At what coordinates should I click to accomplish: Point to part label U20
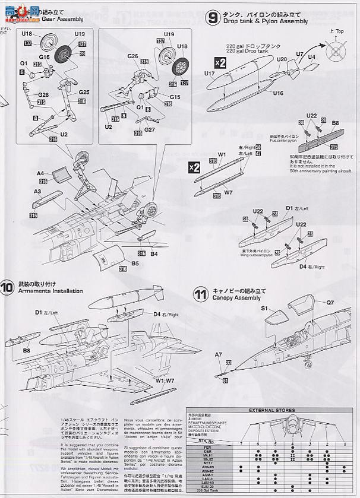pos(281,59)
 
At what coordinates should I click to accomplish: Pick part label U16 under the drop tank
pos(277,93)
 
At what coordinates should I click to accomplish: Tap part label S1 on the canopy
pos(264,309)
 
